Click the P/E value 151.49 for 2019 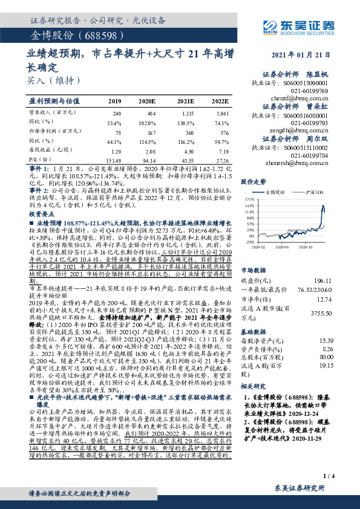(113, 160)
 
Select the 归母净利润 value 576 (223, 131)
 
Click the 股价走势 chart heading (255, 181)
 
